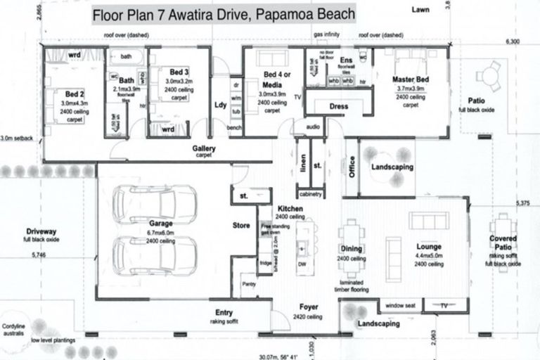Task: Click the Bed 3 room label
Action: [x=179, y=72]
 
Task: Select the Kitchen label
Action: [x=290, y=210]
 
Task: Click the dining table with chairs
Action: [x=352, y=237]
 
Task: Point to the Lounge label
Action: [x=428, y=247]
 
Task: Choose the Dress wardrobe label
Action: [x=338, y=106]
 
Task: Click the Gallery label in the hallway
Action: [x=203, y=150]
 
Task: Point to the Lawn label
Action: [x=422, y=9]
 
